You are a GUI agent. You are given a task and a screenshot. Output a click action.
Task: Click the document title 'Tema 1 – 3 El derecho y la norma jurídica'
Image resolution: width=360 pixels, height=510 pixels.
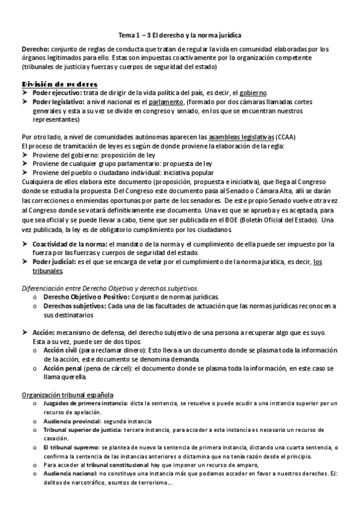click(180, 35)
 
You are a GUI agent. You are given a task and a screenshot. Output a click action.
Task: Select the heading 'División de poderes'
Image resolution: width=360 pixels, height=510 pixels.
click(59, 84)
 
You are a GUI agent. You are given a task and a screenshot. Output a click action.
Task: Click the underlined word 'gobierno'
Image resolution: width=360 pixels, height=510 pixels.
click(252, 93)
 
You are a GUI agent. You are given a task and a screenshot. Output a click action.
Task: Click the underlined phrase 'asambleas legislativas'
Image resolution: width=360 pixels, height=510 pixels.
click(239, 137)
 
